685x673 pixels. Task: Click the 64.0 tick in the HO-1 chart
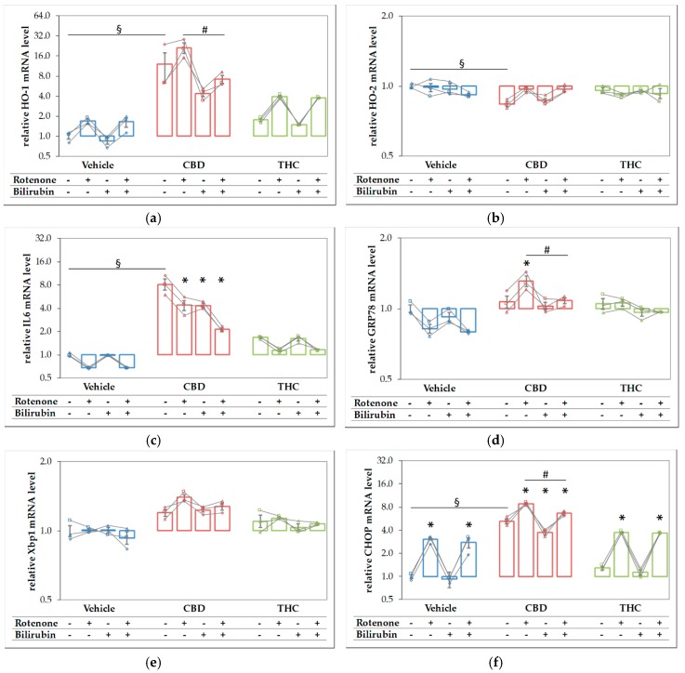pos(41,16)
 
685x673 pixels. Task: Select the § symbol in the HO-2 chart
pos(461,63)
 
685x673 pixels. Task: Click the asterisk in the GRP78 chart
pos(526,264)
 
